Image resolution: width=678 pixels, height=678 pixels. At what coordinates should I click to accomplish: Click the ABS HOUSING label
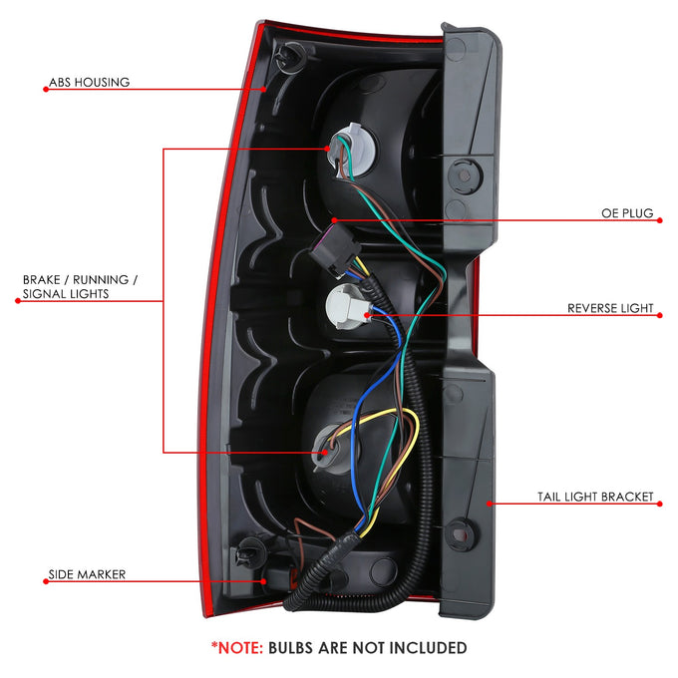tap(89, 82)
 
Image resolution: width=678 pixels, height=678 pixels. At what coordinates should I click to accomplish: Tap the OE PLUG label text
tap(627, 213)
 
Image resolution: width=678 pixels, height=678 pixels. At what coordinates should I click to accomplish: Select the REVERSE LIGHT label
tap(610, 308)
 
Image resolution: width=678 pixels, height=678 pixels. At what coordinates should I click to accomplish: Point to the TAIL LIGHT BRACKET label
tap(595, 497)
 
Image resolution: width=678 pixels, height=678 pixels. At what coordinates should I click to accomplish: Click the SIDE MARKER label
tap(87, 574)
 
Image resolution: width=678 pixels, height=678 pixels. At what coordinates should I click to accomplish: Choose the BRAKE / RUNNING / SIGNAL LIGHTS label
tap(80, 287)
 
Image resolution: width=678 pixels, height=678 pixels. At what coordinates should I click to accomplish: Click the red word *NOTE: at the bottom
tap(237, 648)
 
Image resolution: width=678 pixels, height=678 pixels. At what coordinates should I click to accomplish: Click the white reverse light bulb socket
tap(347, 307)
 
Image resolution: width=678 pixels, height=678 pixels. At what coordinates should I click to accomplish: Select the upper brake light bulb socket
tap(352, 150)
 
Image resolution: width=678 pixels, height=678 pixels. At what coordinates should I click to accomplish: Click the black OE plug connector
tap(335, 249)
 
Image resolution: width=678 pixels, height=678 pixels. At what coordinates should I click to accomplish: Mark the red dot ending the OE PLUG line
tap(659, 220)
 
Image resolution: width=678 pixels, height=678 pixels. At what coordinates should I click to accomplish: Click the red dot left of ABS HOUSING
tap(46, 90)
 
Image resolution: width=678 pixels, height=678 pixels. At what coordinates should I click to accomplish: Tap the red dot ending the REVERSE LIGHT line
tap(659, 316)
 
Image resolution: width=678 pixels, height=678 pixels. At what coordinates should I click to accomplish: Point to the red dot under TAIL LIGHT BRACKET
tap(659, 504)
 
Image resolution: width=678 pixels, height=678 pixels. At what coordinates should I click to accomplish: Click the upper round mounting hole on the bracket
tap(465, 175)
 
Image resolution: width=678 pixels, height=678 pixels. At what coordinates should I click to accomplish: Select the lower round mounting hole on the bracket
tap(462, 535)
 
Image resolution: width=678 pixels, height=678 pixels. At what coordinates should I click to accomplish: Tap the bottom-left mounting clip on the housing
tap(251, 552)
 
